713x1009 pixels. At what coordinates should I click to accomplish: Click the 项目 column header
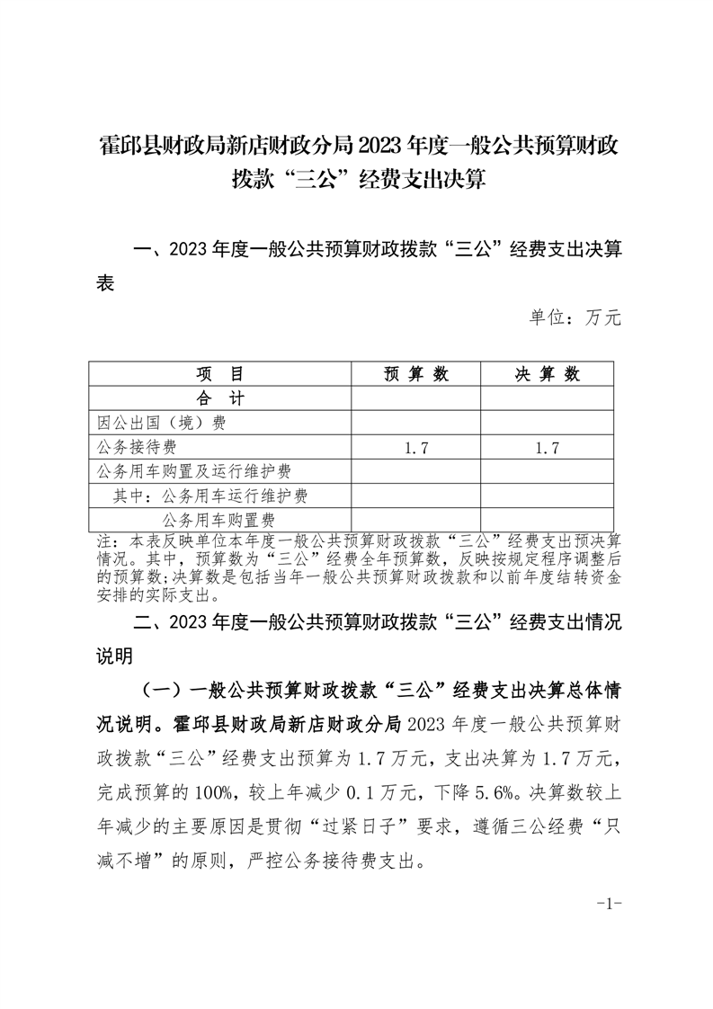219,374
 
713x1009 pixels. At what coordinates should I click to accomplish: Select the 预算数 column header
415,374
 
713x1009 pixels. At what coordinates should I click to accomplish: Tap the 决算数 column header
547,374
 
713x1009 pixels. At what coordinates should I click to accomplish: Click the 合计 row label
219,398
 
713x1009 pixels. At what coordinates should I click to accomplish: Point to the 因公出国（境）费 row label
161,423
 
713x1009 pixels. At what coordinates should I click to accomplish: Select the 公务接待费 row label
137,447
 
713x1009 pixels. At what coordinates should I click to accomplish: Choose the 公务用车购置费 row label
218,520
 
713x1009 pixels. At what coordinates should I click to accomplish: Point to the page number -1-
610,904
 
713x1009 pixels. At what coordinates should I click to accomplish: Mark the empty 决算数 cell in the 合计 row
547,398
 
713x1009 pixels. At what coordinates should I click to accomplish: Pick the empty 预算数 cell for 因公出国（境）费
415,423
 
